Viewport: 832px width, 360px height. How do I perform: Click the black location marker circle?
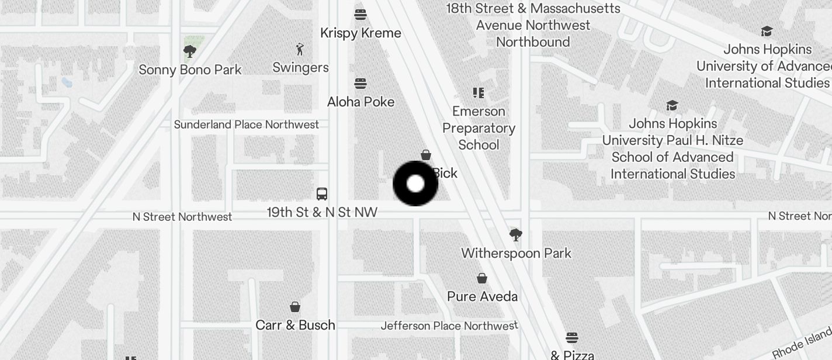coord(415,184)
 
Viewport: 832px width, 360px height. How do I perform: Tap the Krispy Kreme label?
coord(360,33)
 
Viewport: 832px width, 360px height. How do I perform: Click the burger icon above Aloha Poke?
coord(360,84)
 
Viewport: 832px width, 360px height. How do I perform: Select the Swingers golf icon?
coord(300,49)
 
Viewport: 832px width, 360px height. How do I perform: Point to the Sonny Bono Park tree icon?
coord(189,51)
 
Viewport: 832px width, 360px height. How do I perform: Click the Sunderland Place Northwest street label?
coord(247,124)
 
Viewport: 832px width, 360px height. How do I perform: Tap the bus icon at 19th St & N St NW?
coord(321,194)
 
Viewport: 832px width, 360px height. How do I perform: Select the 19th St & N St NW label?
coord(322,212)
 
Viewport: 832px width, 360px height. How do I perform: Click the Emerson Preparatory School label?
coord(479,128)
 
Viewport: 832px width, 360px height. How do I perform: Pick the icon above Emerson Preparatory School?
coord(479,92)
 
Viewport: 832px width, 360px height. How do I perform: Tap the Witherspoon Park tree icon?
coord(515,235)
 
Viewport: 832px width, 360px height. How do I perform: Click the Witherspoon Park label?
coord(516,253)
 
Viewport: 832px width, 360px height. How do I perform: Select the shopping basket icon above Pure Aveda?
coord(482,278)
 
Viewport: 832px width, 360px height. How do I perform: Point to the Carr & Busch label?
coord(296,325)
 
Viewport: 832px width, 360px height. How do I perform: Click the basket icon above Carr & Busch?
coord(296,307)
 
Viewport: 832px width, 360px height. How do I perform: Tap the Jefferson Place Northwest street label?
coord(449,326)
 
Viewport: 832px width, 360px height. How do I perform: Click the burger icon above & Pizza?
coord(572,337)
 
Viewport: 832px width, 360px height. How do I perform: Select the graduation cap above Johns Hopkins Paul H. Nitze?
coord(672,106)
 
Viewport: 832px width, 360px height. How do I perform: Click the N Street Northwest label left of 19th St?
coord(182,217)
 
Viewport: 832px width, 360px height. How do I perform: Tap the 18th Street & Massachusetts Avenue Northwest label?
coord(533,25)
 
